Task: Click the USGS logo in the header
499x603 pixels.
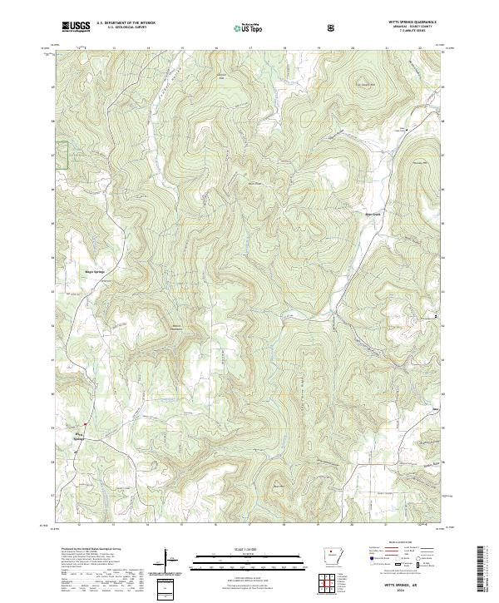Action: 75,27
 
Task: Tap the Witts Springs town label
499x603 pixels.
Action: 79,435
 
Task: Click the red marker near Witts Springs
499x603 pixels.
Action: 84,425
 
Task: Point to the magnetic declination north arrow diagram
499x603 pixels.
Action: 167,561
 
